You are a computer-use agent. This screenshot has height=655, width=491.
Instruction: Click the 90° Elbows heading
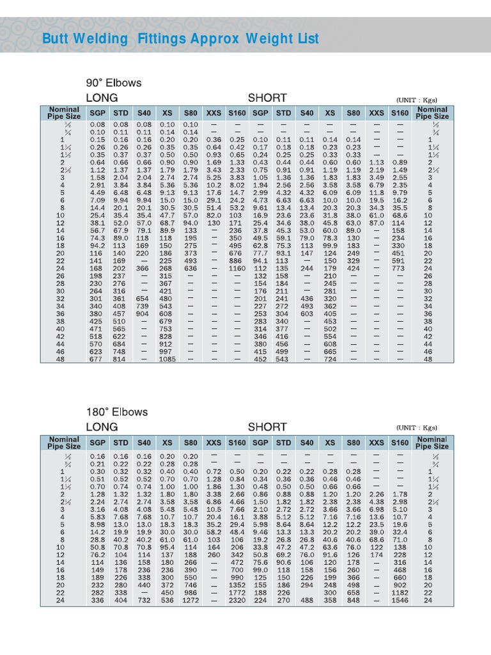(114, 83)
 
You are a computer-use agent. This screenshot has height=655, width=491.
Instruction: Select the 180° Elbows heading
(117, 412)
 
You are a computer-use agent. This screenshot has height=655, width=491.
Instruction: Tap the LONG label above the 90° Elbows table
(102, 98)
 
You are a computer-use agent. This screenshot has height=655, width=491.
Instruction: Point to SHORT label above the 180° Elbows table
(267, 427)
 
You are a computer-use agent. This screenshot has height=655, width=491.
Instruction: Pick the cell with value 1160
(237, 269)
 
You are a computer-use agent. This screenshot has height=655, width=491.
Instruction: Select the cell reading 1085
(168, 359)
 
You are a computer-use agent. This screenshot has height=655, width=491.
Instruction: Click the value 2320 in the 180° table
(237, 601)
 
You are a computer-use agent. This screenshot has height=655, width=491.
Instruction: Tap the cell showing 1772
(237, 593)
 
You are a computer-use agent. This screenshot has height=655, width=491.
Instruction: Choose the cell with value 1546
(400, 601)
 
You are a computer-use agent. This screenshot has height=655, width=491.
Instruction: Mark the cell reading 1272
(191, 601)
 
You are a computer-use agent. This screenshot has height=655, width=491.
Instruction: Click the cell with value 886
(237, 261)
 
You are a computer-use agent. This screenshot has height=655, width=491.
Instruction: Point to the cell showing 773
(400, 269)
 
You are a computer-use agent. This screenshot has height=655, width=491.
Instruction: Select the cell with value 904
(144, 314)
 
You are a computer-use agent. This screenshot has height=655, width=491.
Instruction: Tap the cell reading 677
(97, 359)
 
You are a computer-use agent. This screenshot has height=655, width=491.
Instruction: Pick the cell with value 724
(330, 359)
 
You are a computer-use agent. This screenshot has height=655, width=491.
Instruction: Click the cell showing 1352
(237, 585)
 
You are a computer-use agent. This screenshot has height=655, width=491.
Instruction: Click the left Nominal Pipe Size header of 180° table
(65, 443)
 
